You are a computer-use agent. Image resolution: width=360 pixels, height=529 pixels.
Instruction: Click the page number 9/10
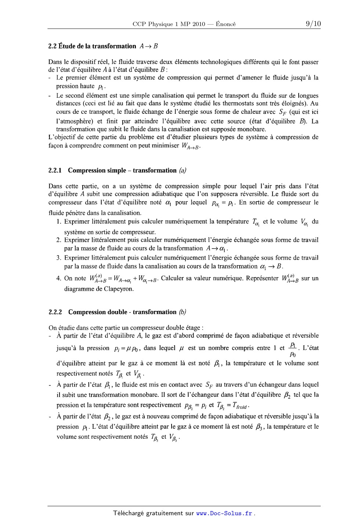coord(313,24)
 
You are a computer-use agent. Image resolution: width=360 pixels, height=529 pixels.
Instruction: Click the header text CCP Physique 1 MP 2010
coord(169,25)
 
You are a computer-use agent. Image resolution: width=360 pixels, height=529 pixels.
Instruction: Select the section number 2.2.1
coord(56,170)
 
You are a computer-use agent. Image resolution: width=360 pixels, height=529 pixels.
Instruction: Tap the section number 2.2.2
coord(56,312)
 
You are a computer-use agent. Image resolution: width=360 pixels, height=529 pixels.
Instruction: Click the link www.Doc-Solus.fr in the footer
coord(224,513)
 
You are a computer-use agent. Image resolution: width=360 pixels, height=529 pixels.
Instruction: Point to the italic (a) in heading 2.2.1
coord(183,170)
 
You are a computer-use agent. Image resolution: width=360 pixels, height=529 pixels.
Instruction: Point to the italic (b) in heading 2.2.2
coord(183,312)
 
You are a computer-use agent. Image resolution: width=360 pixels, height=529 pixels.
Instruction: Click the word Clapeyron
coord(120,289)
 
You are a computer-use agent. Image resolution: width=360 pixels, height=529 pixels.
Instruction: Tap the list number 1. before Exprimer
coord(59,221)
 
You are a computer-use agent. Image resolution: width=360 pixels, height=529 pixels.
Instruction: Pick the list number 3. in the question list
coord(59,258)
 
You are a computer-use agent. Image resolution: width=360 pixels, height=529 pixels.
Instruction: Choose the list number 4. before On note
coord(59,278)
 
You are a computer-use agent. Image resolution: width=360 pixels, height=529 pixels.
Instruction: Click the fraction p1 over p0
coord(292,349)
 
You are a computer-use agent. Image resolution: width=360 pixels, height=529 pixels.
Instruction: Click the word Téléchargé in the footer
coord(129,513)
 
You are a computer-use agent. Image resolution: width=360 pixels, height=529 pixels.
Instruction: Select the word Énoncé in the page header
coord(226,25)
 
